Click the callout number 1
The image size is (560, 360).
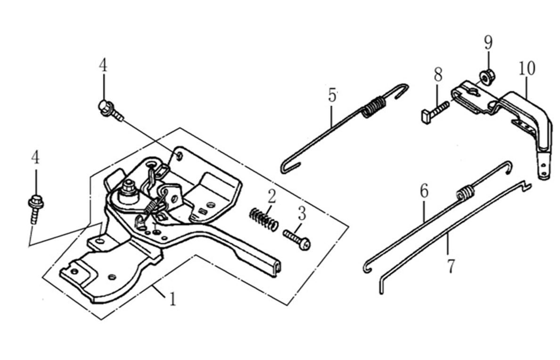pos(173,299)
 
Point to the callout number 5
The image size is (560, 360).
pos(333,96)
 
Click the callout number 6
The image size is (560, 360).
pos(424,191)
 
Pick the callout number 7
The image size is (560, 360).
pos(451,266)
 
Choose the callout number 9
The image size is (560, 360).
pos(488,42)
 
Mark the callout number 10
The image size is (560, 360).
pos(527,68)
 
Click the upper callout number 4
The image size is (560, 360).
pos(103,65)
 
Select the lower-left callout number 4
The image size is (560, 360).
pos(35,157)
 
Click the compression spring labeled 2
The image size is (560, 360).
pos(263,220)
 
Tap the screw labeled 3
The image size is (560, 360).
pos(297,239)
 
